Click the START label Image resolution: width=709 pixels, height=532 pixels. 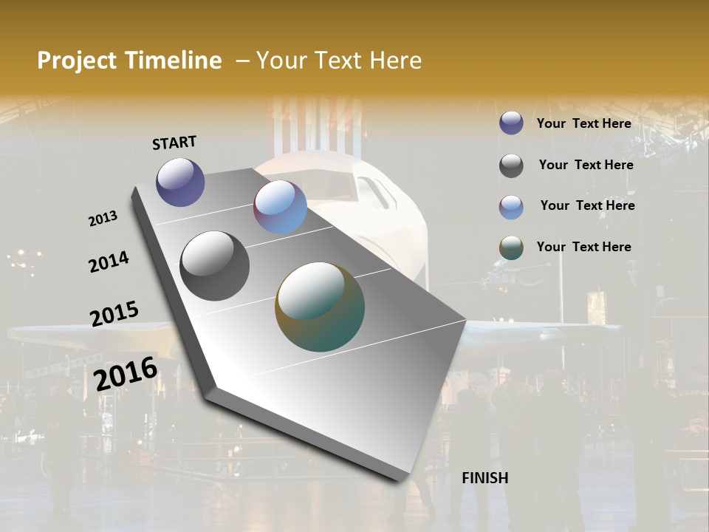coord(174,143)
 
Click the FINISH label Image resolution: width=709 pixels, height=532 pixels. coord(485,478)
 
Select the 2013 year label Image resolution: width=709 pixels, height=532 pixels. coord(103,219)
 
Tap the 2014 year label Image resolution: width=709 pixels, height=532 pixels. coord(109,262)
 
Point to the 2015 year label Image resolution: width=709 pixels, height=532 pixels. coord(114,314)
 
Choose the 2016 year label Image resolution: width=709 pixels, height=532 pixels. coord(126,374)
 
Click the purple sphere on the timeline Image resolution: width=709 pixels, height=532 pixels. coord(180,182)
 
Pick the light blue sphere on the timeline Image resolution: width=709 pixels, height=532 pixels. coord(280,207)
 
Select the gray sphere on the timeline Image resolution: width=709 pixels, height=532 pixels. coord(215,266)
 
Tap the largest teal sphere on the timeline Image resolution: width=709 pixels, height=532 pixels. coord(320,307)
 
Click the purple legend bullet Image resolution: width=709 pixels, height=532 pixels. coord(511,123)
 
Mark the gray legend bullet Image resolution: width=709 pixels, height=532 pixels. coord(511,166)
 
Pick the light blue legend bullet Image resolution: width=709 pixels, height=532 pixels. coord(511,207)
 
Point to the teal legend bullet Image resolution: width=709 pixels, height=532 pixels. coord(511,248)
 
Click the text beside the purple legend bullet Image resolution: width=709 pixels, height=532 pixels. coord(583,123)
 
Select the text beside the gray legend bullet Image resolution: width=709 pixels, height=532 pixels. coord(586,165)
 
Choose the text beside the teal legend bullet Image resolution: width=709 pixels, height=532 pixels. coord(583,247)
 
